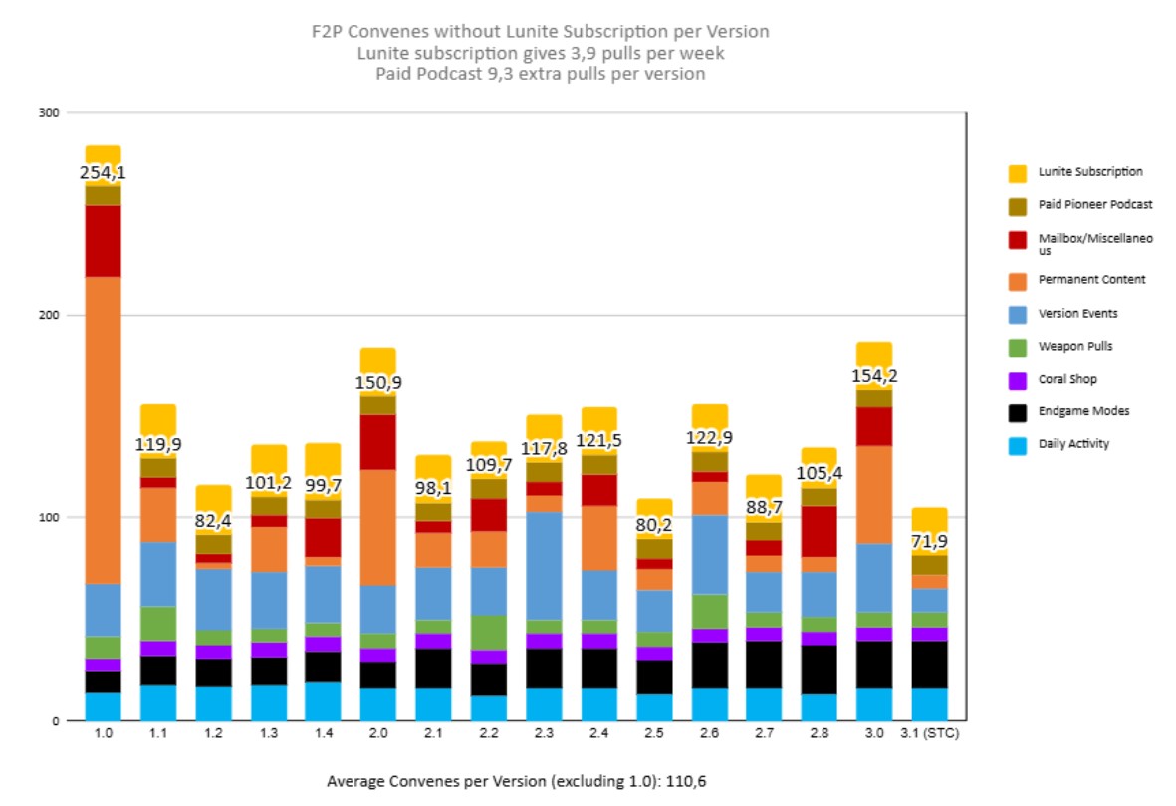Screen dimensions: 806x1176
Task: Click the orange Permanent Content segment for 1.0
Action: click(x=103, y=429)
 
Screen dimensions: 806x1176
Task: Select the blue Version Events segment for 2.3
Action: click(x=544, y=565)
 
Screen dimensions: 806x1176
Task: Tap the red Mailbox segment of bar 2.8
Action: click(x=820, y=531)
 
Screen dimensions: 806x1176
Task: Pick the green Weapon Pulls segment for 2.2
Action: click(x=489, y=632)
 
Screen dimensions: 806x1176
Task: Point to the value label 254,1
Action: click(x=103, y=173)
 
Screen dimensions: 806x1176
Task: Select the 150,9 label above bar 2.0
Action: click(x=378, y=383)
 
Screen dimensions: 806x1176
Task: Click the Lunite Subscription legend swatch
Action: click(x=1017, y=173)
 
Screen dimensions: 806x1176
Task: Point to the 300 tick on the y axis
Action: click(x=47, y=112)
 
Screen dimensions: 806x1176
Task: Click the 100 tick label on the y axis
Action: click(x=47, y=518)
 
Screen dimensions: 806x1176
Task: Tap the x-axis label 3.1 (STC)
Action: click(x=929, y=735)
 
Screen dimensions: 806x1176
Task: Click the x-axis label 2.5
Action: click(x=654, y=735)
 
